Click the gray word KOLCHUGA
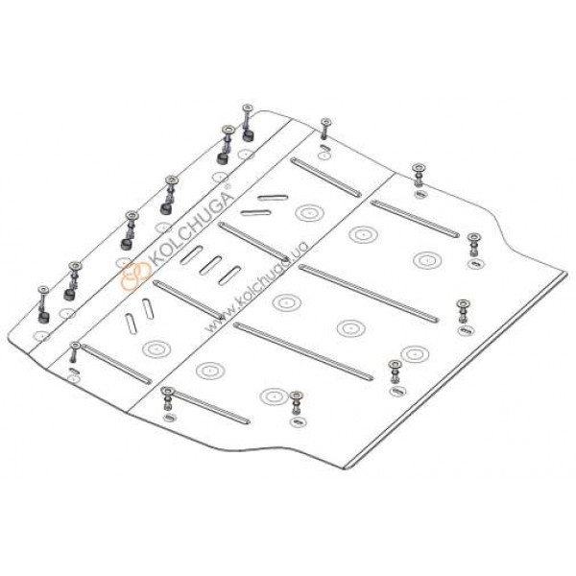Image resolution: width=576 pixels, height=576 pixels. [x=191, y=228]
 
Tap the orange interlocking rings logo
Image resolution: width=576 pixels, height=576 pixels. [x=136, y=274]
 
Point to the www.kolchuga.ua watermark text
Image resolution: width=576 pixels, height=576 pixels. [x=256, y=287]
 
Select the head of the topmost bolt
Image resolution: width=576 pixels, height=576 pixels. [x=248, y=108]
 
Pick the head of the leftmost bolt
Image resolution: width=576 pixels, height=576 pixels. [x=43, y=290]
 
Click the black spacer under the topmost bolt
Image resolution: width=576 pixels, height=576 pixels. [x=249, y=135]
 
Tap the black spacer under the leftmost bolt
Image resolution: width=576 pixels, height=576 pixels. [x=44, y=317]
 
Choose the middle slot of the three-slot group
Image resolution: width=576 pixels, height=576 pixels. [x=210, y=265]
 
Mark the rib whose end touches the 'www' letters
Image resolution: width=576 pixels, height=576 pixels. [x=188, y=300]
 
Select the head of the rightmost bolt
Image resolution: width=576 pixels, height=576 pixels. [x=473, y=237]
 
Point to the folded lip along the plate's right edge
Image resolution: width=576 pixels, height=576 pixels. [x=455, y=371]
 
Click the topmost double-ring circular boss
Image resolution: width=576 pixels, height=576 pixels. [x=309, y=213]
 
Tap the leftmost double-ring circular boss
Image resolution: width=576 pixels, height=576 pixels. [x=156, y=348]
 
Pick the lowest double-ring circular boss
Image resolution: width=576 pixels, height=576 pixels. [x=274, y=396]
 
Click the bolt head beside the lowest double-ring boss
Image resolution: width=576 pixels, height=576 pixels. [x=296, y=396]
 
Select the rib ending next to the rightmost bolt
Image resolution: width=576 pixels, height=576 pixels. [x=415, y=219]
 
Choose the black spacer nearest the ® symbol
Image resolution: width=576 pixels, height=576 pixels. [x=223, y=158]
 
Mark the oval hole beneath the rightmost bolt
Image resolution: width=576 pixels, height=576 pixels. [x=475, y=263]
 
